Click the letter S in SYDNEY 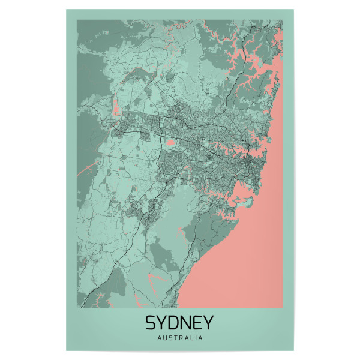point(151,323)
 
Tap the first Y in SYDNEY point(162,323)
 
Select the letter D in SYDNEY point(174,323)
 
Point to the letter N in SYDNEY point(186,323)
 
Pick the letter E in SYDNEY point(197,323)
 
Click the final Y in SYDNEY point(208,323)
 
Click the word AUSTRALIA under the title point(179,338)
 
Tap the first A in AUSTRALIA point(158,338)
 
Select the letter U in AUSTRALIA point(164,338)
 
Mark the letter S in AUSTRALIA point(169,338)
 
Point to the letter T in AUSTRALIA point(175,338)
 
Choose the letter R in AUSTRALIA point(180,338)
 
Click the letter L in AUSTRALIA point(191,338)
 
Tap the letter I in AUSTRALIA point(195,338)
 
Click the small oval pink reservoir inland point(171,142)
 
